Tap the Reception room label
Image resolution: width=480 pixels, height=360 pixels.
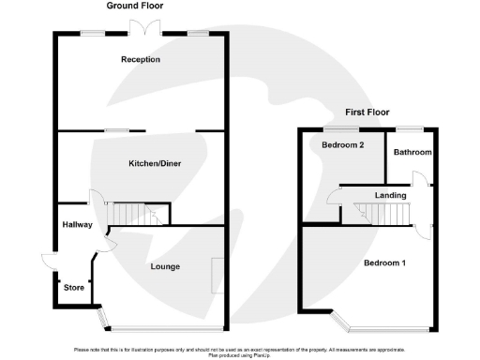pos(141,60)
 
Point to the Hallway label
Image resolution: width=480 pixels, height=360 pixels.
pos(75,225)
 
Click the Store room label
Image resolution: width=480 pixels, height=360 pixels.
pos(73,288)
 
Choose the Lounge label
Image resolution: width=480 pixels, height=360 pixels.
pos(165,267)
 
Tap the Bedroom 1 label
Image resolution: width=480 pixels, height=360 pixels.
pos(384,262)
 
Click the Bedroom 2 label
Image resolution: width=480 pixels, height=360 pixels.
pos(342,145)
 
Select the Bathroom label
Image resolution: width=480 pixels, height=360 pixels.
pos(412,152)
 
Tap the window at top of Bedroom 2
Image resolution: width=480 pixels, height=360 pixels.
pos(337,127)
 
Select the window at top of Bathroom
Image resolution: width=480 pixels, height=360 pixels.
pos(408,127)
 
